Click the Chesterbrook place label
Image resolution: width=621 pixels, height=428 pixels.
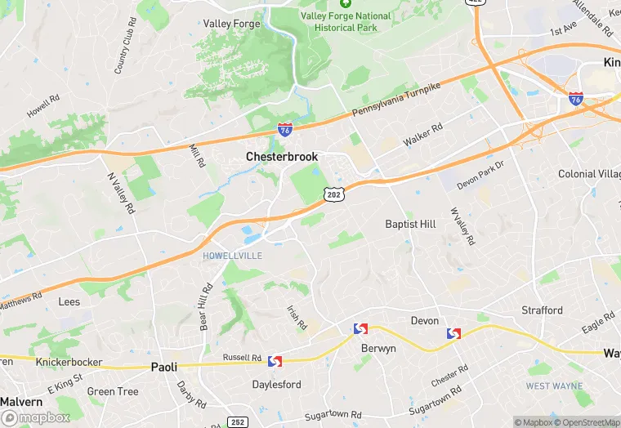point(281,156)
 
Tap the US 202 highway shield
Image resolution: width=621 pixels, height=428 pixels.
point(333,194)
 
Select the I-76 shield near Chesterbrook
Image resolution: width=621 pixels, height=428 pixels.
point(285,128)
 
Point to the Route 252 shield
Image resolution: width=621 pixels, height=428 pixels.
point(238,421)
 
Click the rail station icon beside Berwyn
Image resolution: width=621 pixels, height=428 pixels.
point(360,328)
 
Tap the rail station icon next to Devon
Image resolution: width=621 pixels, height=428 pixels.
point(453,333)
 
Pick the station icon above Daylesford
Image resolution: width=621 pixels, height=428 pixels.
point(275,361)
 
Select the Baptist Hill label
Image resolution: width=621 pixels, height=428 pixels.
point(411,224)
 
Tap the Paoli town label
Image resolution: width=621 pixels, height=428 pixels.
point(164,367)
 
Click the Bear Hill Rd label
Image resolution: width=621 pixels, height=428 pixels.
point(205,306)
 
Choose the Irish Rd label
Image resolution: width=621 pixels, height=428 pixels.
point(297,318)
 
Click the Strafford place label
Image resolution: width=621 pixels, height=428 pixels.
point(543,310)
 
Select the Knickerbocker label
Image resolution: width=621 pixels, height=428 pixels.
point(69,361)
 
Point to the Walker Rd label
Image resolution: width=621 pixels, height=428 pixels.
point(422,135)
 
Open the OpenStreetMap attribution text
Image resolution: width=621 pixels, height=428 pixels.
point(586,422)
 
